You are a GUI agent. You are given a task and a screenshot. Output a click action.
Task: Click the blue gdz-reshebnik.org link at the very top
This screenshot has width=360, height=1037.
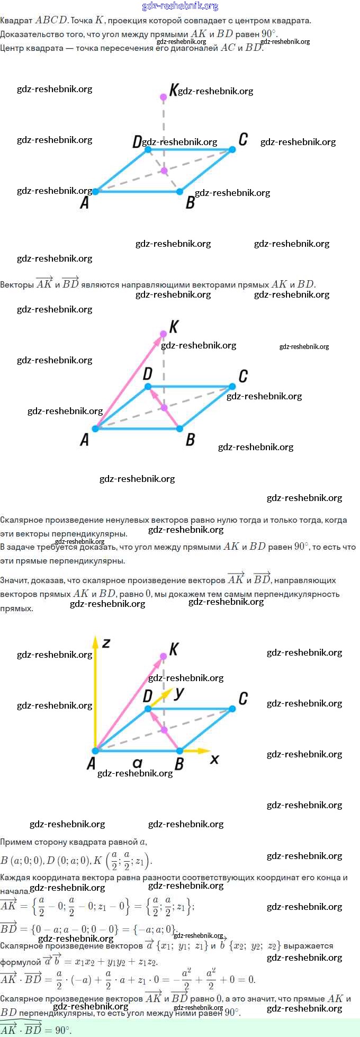[180, 6]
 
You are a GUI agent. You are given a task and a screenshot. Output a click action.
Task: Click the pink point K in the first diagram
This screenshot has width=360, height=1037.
[164, 96]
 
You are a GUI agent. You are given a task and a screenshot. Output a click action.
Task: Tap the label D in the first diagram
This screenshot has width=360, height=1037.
[137, 141]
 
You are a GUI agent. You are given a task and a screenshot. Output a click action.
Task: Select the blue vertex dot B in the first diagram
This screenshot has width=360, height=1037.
[180, 191]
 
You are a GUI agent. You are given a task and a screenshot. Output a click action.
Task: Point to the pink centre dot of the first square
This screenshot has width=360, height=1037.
[164, 171]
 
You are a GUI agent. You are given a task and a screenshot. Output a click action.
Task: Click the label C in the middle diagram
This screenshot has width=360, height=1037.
[243, 376]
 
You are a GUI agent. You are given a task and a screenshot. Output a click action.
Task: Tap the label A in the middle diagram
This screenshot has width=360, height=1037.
[84, 440]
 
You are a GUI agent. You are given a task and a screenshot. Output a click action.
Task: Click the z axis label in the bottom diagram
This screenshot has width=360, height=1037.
[106, 643]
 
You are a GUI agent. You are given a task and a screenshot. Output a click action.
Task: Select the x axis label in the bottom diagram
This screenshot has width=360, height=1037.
[214, 759]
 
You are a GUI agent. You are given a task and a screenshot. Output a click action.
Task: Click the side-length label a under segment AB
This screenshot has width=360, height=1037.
[138, 763]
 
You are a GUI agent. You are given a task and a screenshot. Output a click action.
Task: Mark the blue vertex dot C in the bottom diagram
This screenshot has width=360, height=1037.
[232, 709]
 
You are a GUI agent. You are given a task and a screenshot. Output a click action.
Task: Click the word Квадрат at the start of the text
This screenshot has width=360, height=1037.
[16, 21]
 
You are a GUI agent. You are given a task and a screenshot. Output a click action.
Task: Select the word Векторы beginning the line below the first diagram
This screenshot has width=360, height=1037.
[17, 284]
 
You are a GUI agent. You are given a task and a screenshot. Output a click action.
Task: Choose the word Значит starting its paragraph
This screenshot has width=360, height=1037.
[14, 580]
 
